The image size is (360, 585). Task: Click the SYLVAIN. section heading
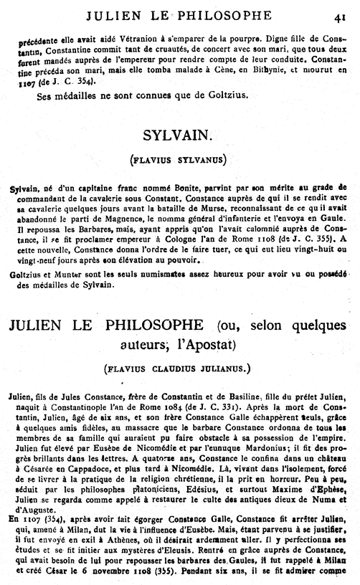tap(179, 133)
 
